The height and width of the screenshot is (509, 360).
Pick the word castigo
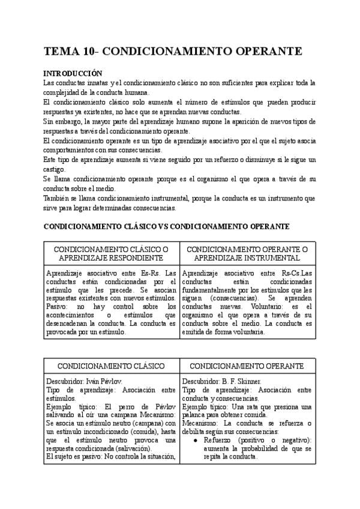point(55,170)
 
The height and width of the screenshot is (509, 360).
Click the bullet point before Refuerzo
point(196,440)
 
